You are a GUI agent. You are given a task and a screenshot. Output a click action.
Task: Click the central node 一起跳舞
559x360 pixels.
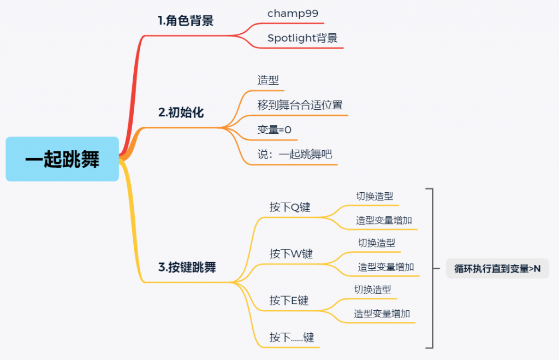62,159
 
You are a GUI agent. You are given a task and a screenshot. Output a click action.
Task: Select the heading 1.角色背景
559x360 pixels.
186,21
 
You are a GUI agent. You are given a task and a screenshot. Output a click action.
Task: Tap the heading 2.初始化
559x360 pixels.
181,113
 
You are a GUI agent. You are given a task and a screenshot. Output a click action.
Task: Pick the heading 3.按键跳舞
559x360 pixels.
187,268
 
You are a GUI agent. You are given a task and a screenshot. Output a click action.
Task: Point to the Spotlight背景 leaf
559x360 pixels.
302,38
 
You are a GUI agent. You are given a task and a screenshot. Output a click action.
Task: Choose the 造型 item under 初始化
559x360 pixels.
268,80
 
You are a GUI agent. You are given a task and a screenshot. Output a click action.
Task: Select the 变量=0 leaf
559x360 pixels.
275,130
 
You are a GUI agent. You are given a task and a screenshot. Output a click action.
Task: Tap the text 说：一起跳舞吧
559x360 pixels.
295,155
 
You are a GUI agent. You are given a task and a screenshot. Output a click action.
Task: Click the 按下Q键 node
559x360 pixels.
289,208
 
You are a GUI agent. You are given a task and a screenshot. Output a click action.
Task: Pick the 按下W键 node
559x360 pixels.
291,254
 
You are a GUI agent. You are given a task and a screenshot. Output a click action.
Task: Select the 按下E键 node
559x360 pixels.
289,301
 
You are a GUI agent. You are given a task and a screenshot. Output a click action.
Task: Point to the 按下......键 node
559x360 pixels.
292,338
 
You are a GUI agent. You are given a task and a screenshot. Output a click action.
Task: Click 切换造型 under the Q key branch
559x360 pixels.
374,196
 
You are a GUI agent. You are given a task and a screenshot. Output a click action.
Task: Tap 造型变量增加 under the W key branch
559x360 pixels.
386,267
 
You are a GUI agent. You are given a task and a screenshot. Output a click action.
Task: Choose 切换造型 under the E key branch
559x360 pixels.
372,290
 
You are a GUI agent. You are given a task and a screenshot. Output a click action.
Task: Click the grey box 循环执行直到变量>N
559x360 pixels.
497,268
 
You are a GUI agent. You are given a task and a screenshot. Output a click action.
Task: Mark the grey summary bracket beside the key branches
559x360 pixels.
432,268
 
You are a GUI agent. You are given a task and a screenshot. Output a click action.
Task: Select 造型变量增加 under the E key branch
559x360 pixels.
382,314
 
